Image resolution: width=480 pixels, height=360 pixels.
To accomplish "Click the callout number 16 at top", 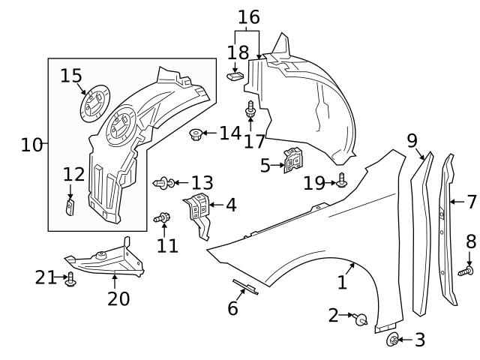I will tap(248, 16).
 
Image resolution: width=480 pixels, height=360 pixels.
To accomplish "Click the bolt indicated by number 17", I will tap(251, 113).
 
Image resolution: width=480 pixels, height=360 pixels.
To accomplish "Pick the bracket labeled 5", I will tap(293, 160).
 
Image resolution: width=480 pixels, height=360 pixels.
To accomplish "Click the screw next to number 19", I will tap(342, 181).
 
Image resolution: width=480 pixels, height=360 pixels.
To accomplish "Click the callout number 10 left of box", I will tap(31, 144).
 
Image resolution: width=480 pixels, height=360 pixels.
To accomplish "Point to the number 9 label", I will tap(412, 140).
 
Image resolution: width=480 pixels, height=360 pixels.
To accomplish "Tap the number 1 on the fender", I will tap(342, 282).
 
